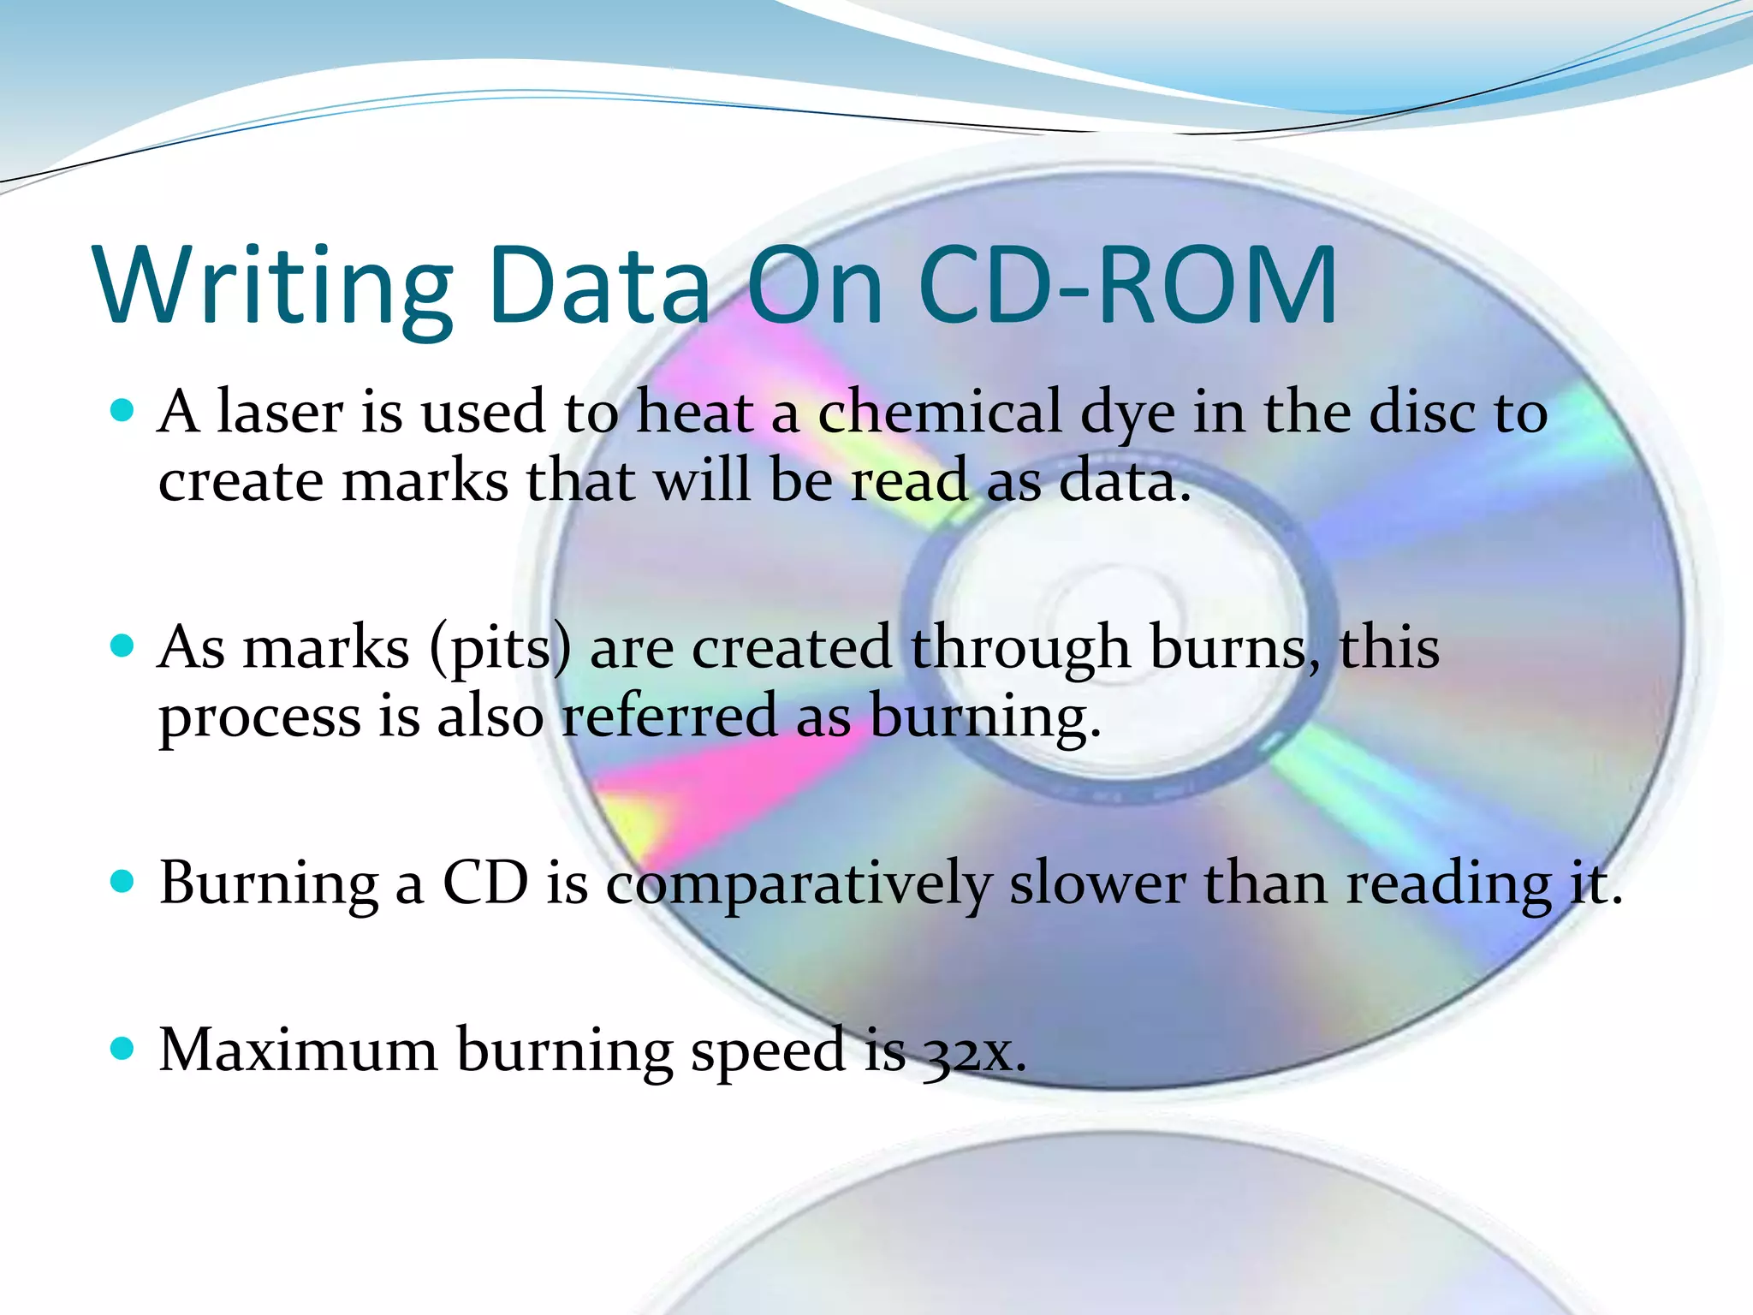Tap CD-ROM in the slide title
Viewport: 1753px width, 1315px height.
1128,285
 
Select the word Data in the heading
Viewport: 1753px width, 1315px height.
599,285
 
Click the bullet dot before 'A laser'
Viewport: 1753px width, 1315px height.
123,411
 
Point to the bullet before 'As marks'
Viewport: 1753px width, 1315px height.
123,646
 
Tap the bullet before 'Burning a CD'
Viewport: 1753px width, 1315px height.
123,881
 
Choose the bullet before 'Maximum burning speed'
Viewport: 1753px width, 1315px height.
123,1048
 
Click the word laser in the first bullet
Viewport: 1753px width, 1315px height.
280,412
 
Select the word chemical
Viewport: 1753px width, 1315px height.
939,412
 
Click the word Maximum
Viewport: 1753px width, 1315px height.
298,1050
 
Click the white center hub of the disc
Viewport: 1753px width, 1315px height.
1117,616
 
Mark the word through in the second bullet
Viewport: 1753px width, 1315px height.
1020,649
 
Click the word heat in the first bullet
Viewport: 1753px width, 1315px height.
695,412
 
